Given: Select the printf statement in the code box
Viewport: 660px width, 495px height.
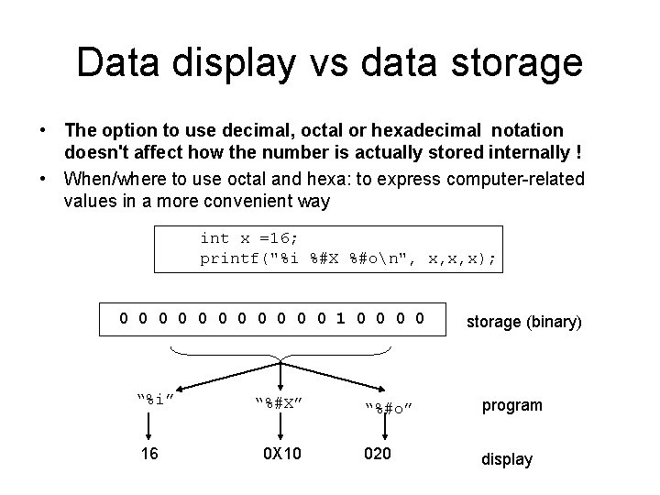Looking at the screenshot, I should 348,259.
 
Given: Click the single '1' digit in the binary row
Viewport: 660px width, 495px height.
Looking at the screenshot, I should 341,320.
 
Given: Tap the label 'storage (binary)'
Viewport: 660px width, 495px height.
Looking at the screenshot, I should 523,322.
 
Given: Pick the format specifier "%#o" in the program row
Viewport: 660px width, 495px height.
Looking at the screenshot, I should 386,407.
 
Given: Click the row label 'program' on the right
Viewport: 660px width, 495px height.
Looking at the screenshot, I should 511,405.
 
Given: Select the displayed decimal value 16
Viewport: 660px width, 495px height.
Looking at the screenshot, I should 149,456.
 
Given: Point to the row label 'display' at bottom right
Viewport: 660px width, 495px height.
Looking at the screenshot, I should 507,459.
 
